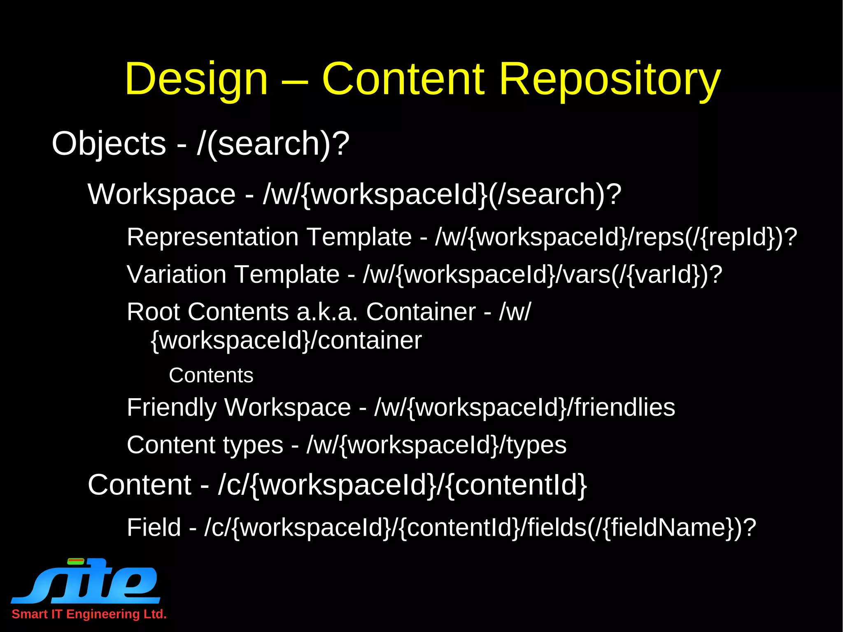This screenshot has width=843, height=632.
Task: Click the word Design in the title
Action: point(196,79)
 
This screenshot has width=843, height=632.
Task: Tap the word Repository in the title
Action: point(610,79)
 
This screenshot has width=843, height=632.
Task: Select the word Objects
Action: point(109,144)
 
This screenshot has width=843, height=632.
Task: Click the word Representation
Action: point(212,237)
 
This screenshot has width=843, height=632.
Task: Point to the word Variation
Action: point(177,274)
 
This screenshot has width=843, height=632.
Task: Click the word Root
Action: point(154,312)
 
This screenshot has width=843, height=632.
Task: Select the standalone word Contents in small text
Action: point(211,375)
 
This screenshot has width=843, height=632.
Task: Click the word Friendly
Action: point(171,408)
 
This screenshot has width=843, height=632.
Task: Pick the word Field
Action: point(154,527)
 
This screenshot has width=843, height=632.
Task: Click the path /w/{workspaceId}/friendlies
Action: point(524,408)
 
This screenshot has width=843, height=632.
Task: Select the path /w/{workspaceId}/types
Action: point(436,445)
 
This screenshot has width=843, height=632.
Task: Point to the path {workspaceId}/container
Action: point(286,340)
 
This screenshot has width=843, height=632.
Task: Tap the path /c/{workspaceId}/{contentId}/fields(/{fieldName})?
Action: point(480,527)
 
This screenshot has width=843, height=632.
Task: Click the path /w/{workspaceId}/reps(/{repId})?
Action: point(616,237)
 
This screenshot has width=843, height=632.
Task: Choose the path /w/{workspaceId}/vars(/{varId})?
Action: point(543,274)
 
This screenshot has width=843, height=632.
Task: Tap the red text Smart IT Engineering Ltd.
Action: point(89,614)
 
